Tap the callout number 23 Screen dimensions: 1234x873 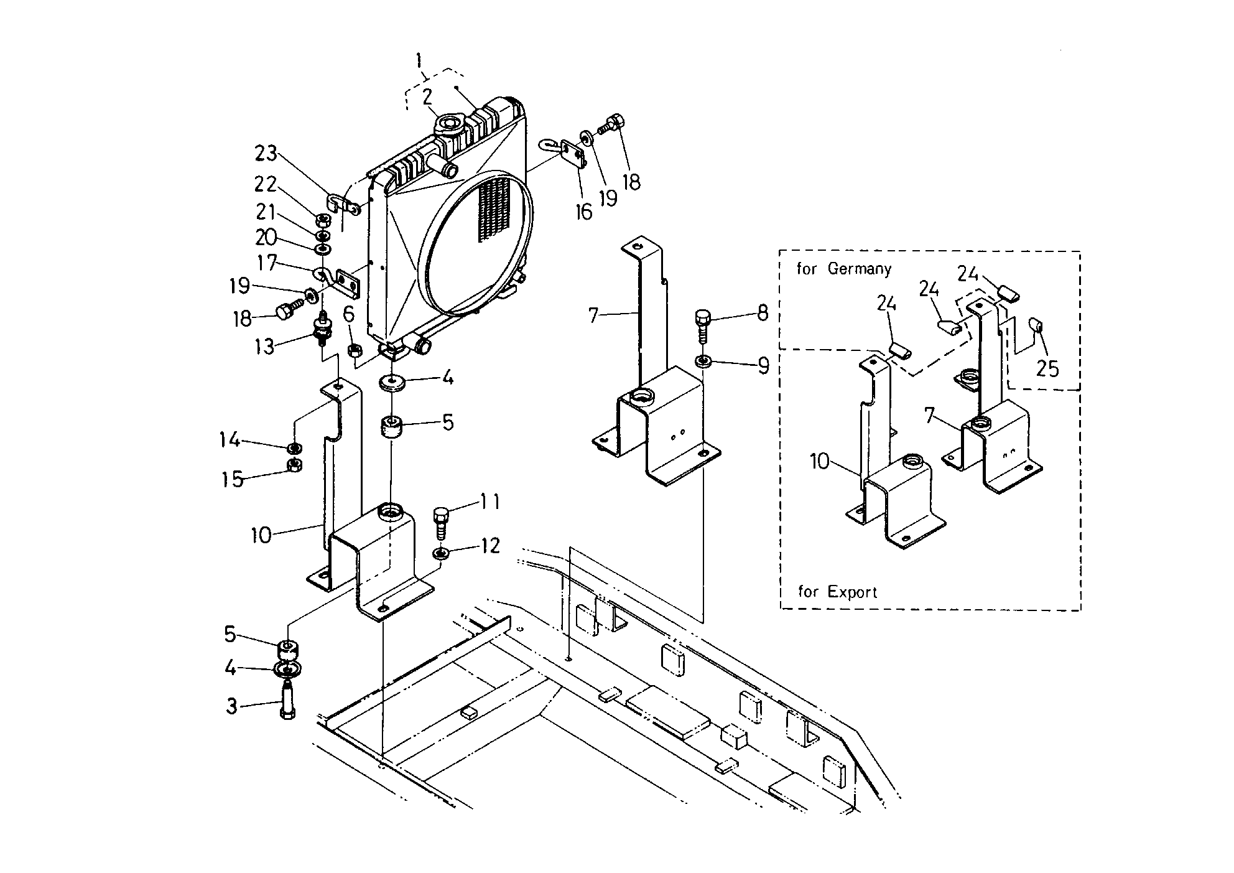(x=266, y=153)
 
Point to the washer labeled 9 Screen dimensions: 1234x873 (x=703, y=360)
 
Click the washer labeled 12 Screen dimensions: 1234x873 (x=441, y=553)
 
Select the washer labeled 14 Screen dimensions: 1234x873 (x=295, y=448)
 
